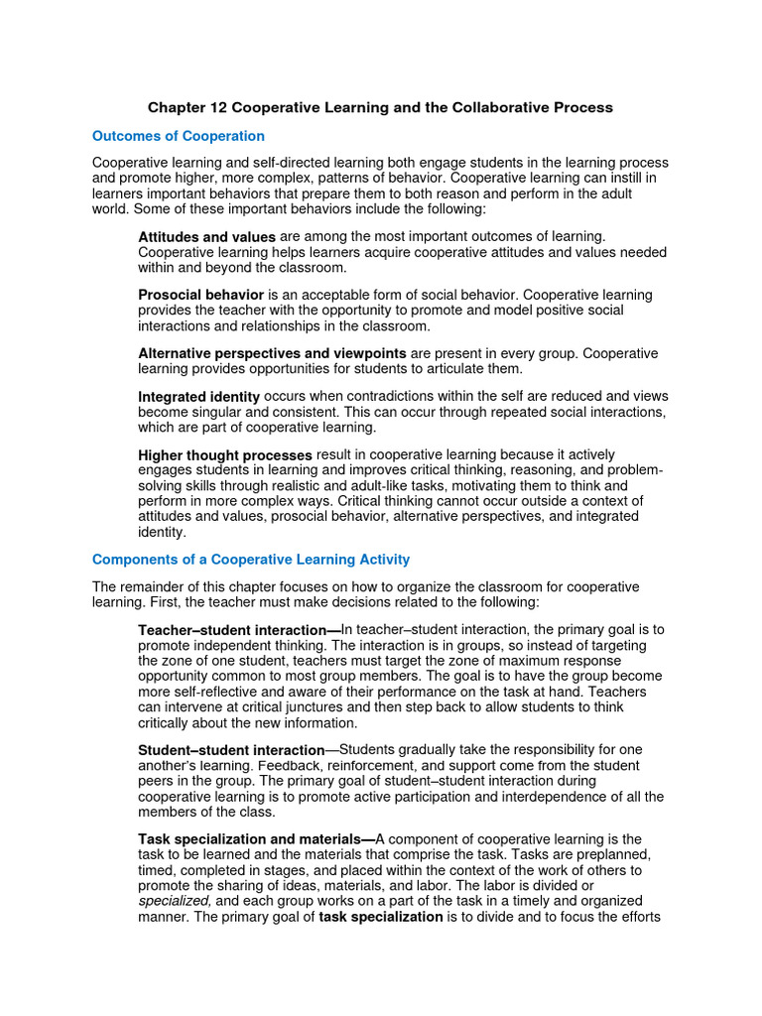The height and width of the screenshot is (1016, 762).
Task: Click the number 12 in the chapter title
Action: [x=219, y=107]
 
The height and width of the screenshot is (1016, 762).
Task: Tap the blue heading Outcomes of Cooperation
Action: [x=179, y=136]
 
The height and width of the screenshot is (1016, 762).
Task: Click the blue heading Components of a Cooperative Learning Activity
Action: [x=251, y=560]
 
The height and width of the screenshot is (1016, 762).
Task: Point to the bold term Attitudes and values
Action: [x=206, y=236]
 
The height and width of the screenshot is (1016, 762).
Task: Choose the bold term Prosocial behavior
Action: [x=200, y=295]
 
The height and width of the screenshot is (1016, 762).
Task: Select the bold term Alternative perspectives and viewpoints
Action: [x=272, y=353]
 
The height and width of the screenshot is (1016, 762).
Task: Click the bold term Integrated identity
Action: [x=198, y=397]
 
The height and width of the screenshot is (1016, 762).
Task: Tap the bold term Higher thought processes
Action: [x=225, y=455]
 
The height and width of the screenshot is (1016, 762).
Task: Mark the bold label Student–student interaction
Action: [x=231, y=750]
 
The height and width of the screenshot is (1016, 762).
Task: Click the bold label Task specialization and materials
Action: [x=256, y=840]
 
